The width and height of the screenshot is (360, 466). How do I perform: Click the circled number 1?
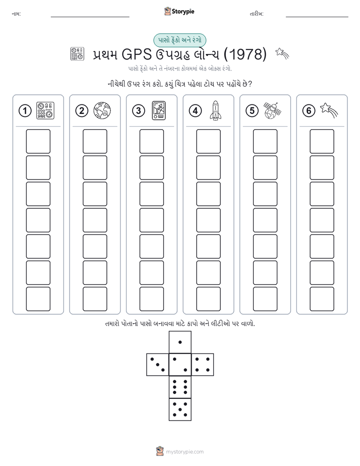pyautogui.click(x=25, y=111)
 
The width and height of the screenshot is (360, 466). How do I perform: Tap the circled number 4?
pyautogui.click(x=195, y=111)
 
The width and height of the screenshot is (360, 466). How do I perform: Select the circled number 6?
pyautogui.click(x=309, y=111)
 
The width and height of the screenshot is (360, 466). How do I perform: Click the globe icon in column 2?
pyautogui.click(x=102, y=110)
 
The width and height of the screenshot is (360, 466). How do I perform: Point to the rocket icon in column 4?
pyautogui.click(x=215, y=110)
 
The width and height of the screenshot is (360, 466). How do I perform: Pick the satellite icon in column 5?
pyautogui.click(x=272, y=110)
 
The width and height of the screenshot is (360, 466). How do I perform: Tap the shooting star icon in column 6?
pyautogui.click(x=329, y=110)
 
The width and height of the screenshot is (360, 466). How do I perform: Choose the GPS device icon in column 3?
pyautogui.click(x=159, y=110)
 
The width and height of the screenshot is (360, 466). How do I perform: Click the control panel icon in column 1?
pyautogui.click(x=45, y=110)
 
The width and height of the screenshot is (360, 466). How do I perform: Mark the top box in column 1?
pyautogui.click(x=38, y=141)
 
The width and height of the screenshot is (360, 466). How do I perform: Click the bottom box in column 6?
pyautogui.click(x=322, y=299)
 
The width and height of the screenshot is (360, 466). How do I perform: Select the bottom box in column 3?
pyautogui.click(x=151, y=299)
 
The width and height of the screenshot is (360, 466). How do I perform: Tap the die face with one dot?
pyautogui.click(x=180, y=342)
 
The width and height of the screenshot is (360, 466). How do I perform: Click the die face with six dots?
pyautogui.click(x=180, y=387)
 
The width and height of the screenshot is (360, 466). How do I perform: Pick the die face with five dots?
pyautogui.click(x=180, y=409)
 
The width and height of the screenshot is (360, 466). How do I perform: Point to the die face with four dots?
pyautogui.click(x=203, y=365)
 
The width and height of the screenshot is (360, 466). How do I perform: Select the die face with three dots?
pyautogui.click(x=158, y=365)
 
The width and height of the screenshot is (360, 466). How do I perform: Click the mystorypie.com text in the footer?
pyautogui.click(x=185, y=452)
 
